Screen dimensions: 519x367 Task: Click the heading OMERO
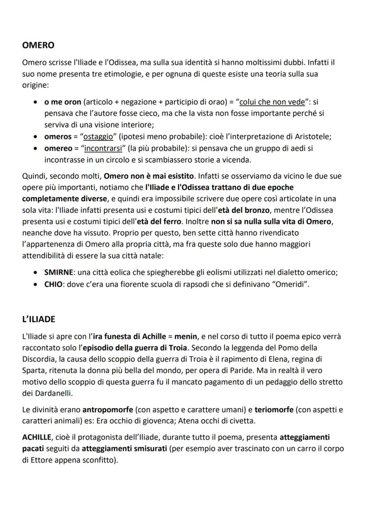click(x=38, y=45)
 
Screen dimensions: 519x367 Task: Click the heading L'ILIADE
click(x=39, y=320)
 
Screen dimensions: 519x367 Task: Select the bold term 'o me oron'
click(x=62, y=102)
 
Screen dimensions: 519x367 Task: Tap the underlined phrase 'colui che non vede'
click(x=272, y=102)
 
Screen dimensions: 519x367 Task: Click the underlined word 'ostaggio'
click(x=98, y=136)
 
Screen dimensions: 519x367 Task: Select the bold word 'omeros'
click(x=58, y=136)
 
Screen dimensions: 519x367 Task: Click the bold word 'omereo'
click(x=58, y=148)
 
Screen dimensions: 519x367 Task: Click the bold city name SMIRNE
click(x=59, y=273)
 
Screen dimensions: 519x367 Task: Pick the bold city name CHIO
click(x=53, y=284)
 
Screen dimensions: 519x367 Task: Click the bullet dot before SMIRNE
click(x=35, y=273)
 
